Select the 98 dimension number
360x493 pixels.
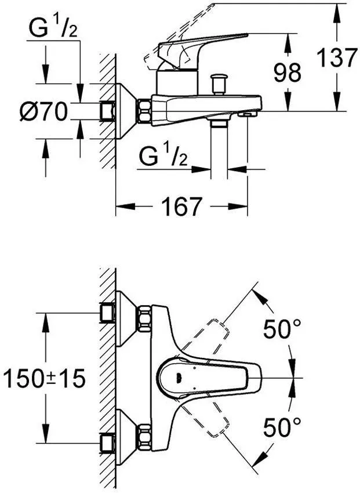pyautogui.click(x=288, y=72)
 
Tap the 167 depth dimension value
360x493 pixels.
pyautogui.click(x=181, y=206)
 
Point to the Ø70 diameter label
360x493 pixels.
pyautogui.click(x=43, y=111)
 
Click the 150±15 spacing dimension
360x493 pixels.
pyautogui.click(x=44, y=378)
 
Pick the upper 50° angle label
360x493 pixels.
pyautogui.click(x=282, y=329)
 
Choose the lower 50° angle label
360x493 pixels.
pyautogui.click(x=282, y=427)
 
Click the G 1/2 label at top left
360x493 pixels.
pyautogui.click(x=53, y=28)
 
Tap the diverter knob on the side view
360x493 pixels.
pyautogui.click(x=219, y=84)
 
